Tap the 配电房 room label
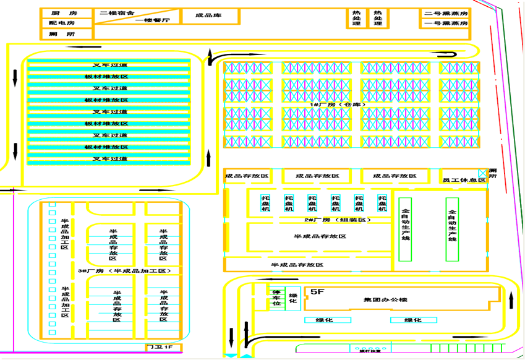coord(62,23)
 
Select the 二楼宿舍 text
coord(117,12)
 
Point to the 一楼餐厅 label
coord(152,20)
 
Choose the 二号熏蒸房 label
coord(446,13)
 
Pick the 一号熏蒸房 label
coord(446,23)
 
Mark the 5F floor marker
coord(317,291)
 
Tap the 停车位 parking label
coord(276,298)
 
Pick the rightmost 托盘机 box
coord(382,204)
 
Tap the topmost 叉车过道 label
coord(110,65)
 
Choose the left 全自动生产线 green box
coord(405,229)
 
